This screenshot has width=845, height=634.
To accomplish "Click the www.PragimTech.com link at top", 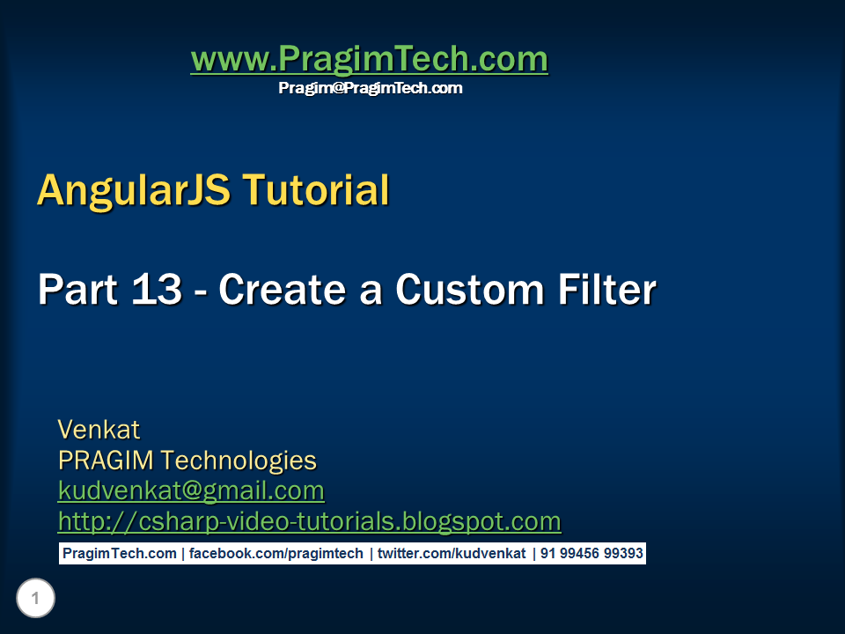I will click(x=369, y=60).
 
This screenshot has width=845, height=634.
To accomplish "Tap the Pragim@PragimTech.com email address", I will click(x=370, y=88).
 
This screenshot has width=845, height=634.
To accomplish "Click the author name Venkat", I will click(x=99, y=430).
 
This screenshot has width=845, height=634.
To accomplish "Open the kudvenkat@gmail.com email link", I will click(x=191, y=490).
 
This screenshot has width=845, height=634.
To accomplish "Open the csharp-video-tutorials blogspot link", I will click(x=309, y=521).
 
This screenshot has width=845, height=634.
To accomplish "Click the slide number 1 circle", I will click(x=35, y=600).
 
